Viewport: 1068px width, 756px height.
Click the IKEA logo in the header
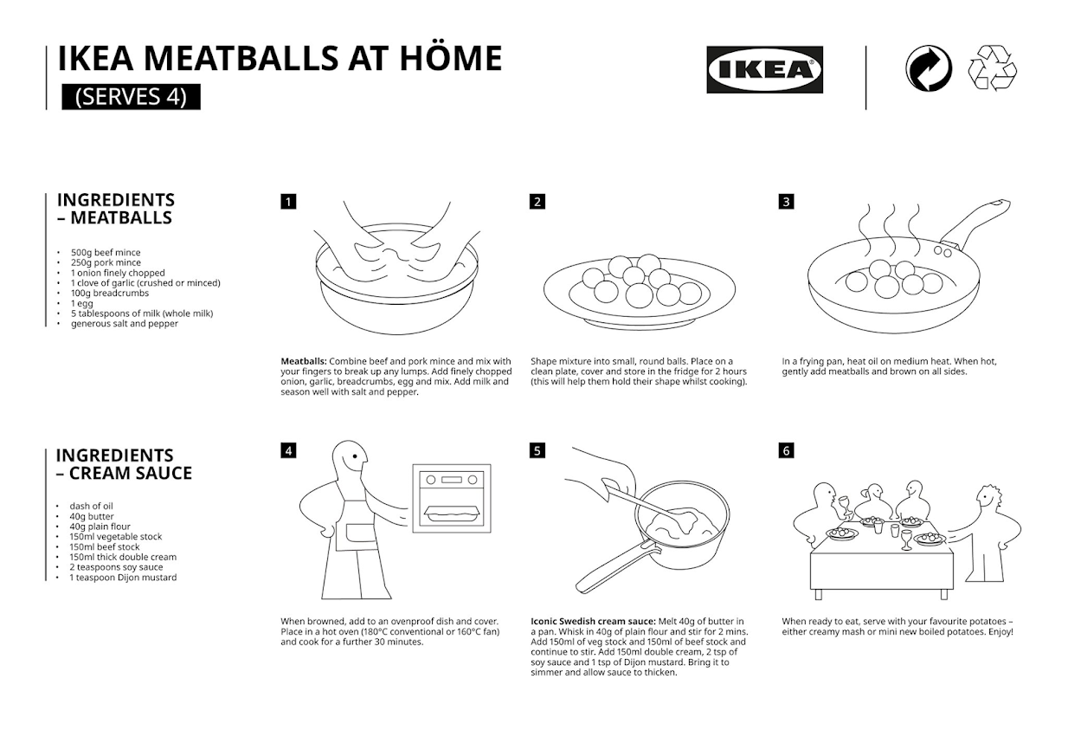(x=764, y=69)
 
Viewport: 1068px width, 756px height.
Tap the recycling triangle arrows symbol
(x=992, y=68)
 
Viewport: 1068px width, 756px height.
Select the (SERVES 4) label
(x=131, y=96)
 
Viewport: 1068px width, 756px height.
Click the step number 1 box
(x=288, y=202)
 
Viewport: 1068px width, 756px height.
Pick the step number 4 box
(x=288, y=450)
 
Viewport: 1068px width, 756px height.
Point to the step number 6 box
(x=786, y=450)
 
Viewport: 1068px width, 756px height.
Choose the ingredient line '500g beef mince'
(x=106, y=252)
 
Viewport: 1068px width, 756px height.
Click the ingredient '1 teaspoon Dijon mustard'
(x=123, y=578)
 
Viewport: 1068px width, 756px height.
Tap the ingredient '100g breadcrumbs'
(x=109, y=293)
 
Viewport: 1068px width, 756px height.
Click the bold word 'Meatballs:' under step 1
(x=304, y=361)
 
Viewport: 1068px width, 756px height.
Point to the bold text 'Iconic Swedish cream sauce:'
(x=593, y=621)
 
